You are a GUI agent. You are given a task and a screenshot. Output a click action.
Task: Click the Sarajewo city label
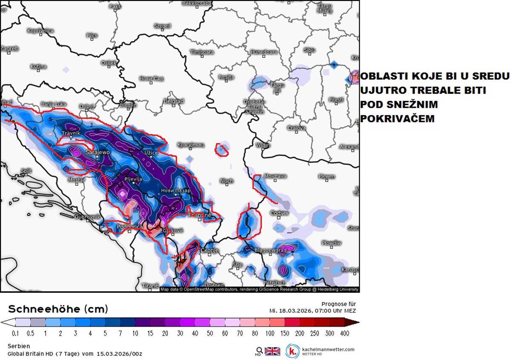98,152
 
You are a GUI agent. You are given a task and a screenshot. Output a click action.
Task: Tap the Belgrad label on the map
173,101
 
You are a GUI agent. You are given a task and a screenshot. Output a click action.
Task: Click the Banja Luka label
54,104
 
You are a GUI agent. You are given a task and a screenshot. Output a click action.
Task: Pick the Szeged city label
162,26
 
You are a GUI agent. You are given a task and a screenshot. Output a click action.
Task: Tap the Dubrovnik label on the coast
87,217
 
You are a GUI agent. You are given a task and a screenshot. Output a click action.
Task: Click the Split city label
26,171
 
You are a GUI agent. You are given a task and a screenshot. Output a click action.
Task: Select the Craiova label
296,128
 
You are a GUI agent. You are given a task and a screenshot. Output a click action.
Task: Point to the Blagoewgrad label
270,251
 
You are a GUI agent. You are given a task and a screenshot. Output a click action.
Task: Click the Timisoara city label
202,52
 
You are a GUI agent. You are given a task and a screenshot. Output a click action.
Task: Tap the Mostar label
77,180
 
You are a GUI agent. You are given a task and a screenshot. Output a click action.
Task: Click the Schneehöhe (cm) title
58,308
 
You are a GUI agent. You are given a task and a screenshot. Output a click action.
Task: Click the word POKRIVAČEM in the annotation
397,119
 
